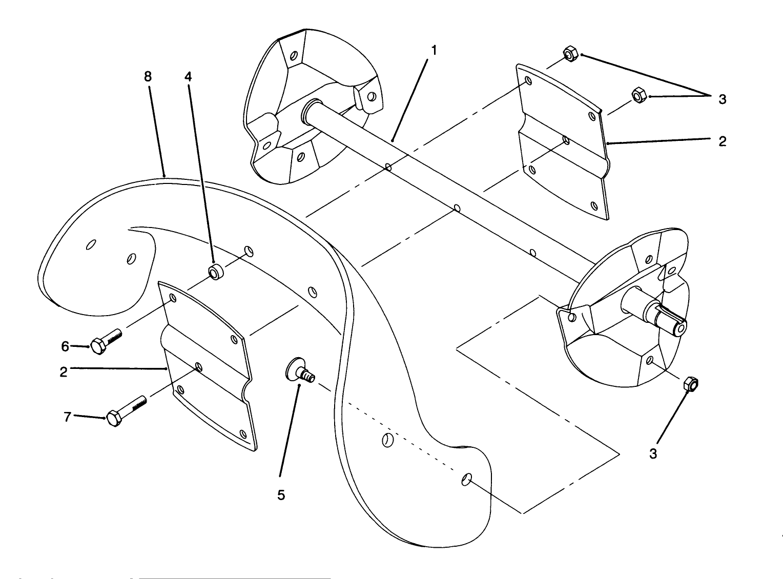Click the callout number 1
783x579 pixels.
click(x=434, y=50)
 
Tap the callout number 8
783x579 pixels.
click(x=148, y=77)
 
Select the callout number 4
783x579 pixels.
click(x=188, y=77)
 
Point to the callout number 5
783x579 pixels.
click(x=281, y=495)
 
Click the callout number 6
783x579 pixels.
click(x=65, y=347)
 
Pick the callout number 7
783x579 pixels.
click(x=67, y=417)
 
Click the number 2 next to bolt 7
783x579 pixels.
click(x=64, y=371)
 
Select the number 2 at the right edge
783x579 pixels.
click(x=722, y=141)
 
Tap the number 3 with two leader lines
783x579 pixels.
click(x=722, y=99)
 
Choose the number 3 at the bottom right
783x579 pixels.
click(x=653, y=453)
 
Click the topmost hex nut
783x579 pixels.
click(x=570, y=53)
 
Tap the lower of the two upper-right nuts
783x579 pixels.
click(x=638, y=95)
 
